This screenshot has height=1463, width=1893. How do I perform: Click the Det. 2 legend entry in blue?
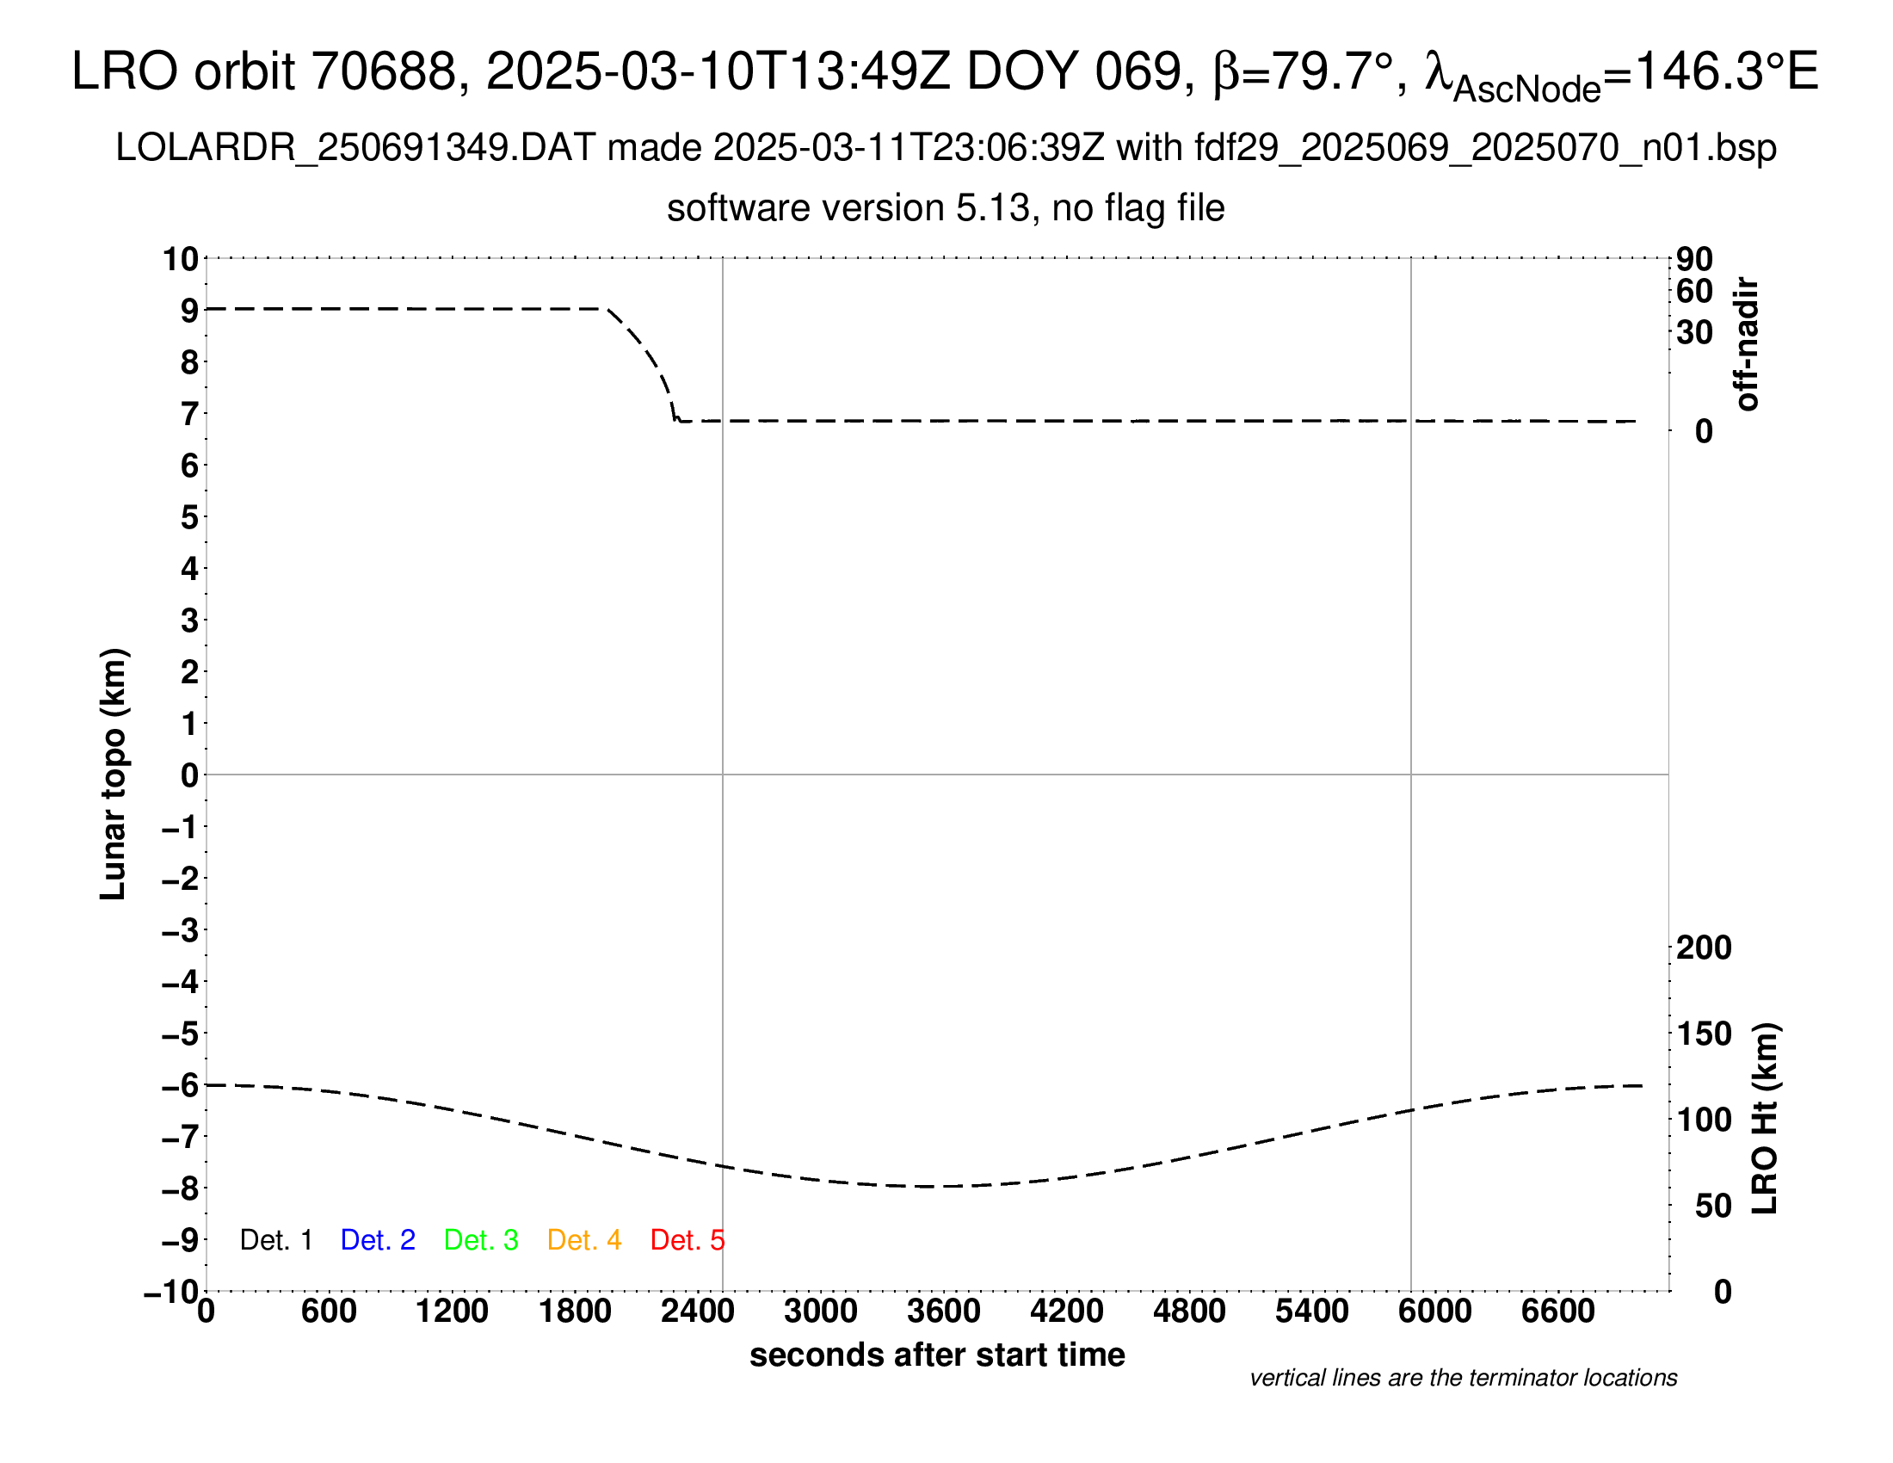[x=378, y=1240]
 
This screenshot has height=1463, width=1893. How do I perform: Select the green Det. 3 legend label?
[x=481, y=1240]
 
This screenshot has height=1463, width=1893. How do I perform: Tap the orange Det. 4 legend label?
[x=584, y=1240]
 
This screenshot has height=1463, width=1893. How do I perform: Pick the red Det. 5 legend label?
[x=687, y=1240]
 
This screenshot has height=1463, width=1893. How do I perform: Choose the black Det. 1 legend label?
[x=275, y=1240]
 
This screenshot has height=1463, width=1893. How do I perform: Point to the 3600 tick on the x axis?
[x=944, y=1312]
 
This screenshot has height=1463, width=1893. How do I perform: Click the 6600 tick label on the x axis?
[x=1557, y=1312]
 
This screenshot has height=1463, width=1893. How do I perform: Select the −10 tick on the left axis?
[x=170, y=1292]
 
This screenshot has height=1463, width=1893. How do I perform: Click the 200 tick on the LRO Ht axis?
[x=1704, y=948]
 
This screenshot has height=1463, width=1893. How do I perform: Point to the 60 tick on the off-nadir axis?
[x=1694, y=291]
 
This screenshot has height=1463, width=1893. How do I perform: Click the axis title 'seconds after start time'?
[x=937, y=1355]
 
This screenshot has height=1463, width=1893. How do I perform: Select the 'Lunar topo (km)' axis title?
[x=114, y=774]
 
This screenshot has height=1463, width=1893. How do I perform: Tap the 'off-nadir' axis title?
[x=1747, y=344]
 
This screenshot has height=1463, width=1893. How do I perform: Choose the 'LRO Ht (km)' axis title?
[x=1766, y=1118]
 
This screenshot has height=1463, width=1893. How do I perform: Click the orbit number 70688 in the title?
[x=384, y=71]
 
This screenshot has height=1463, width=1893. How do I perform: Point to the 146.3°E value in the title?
[x=1725, y=71]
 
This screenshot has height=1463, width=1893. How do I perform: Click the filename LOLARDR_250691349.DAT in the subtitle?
[x=355, y=148]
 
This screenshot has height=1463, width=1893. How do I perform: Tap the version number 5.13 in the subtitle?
[x=994, y=209]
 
